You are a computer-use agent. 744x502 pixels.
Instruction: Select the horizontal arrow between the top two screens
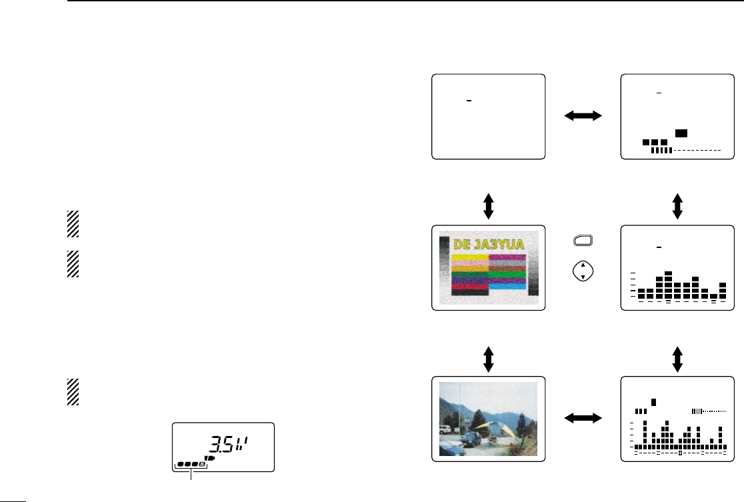tap(583, 116)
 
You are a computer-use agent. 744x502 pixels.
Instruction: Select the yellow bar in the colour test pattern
tap(470, 257)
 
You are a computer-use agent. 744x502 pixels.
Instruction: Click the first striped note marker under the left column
tap(72, 225)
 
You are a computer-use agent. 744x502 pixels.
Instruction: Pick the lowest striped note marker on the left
tap(72, 392)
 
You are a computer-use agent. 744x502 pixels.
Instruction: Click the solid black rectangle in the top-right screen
tap(681, 133)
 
